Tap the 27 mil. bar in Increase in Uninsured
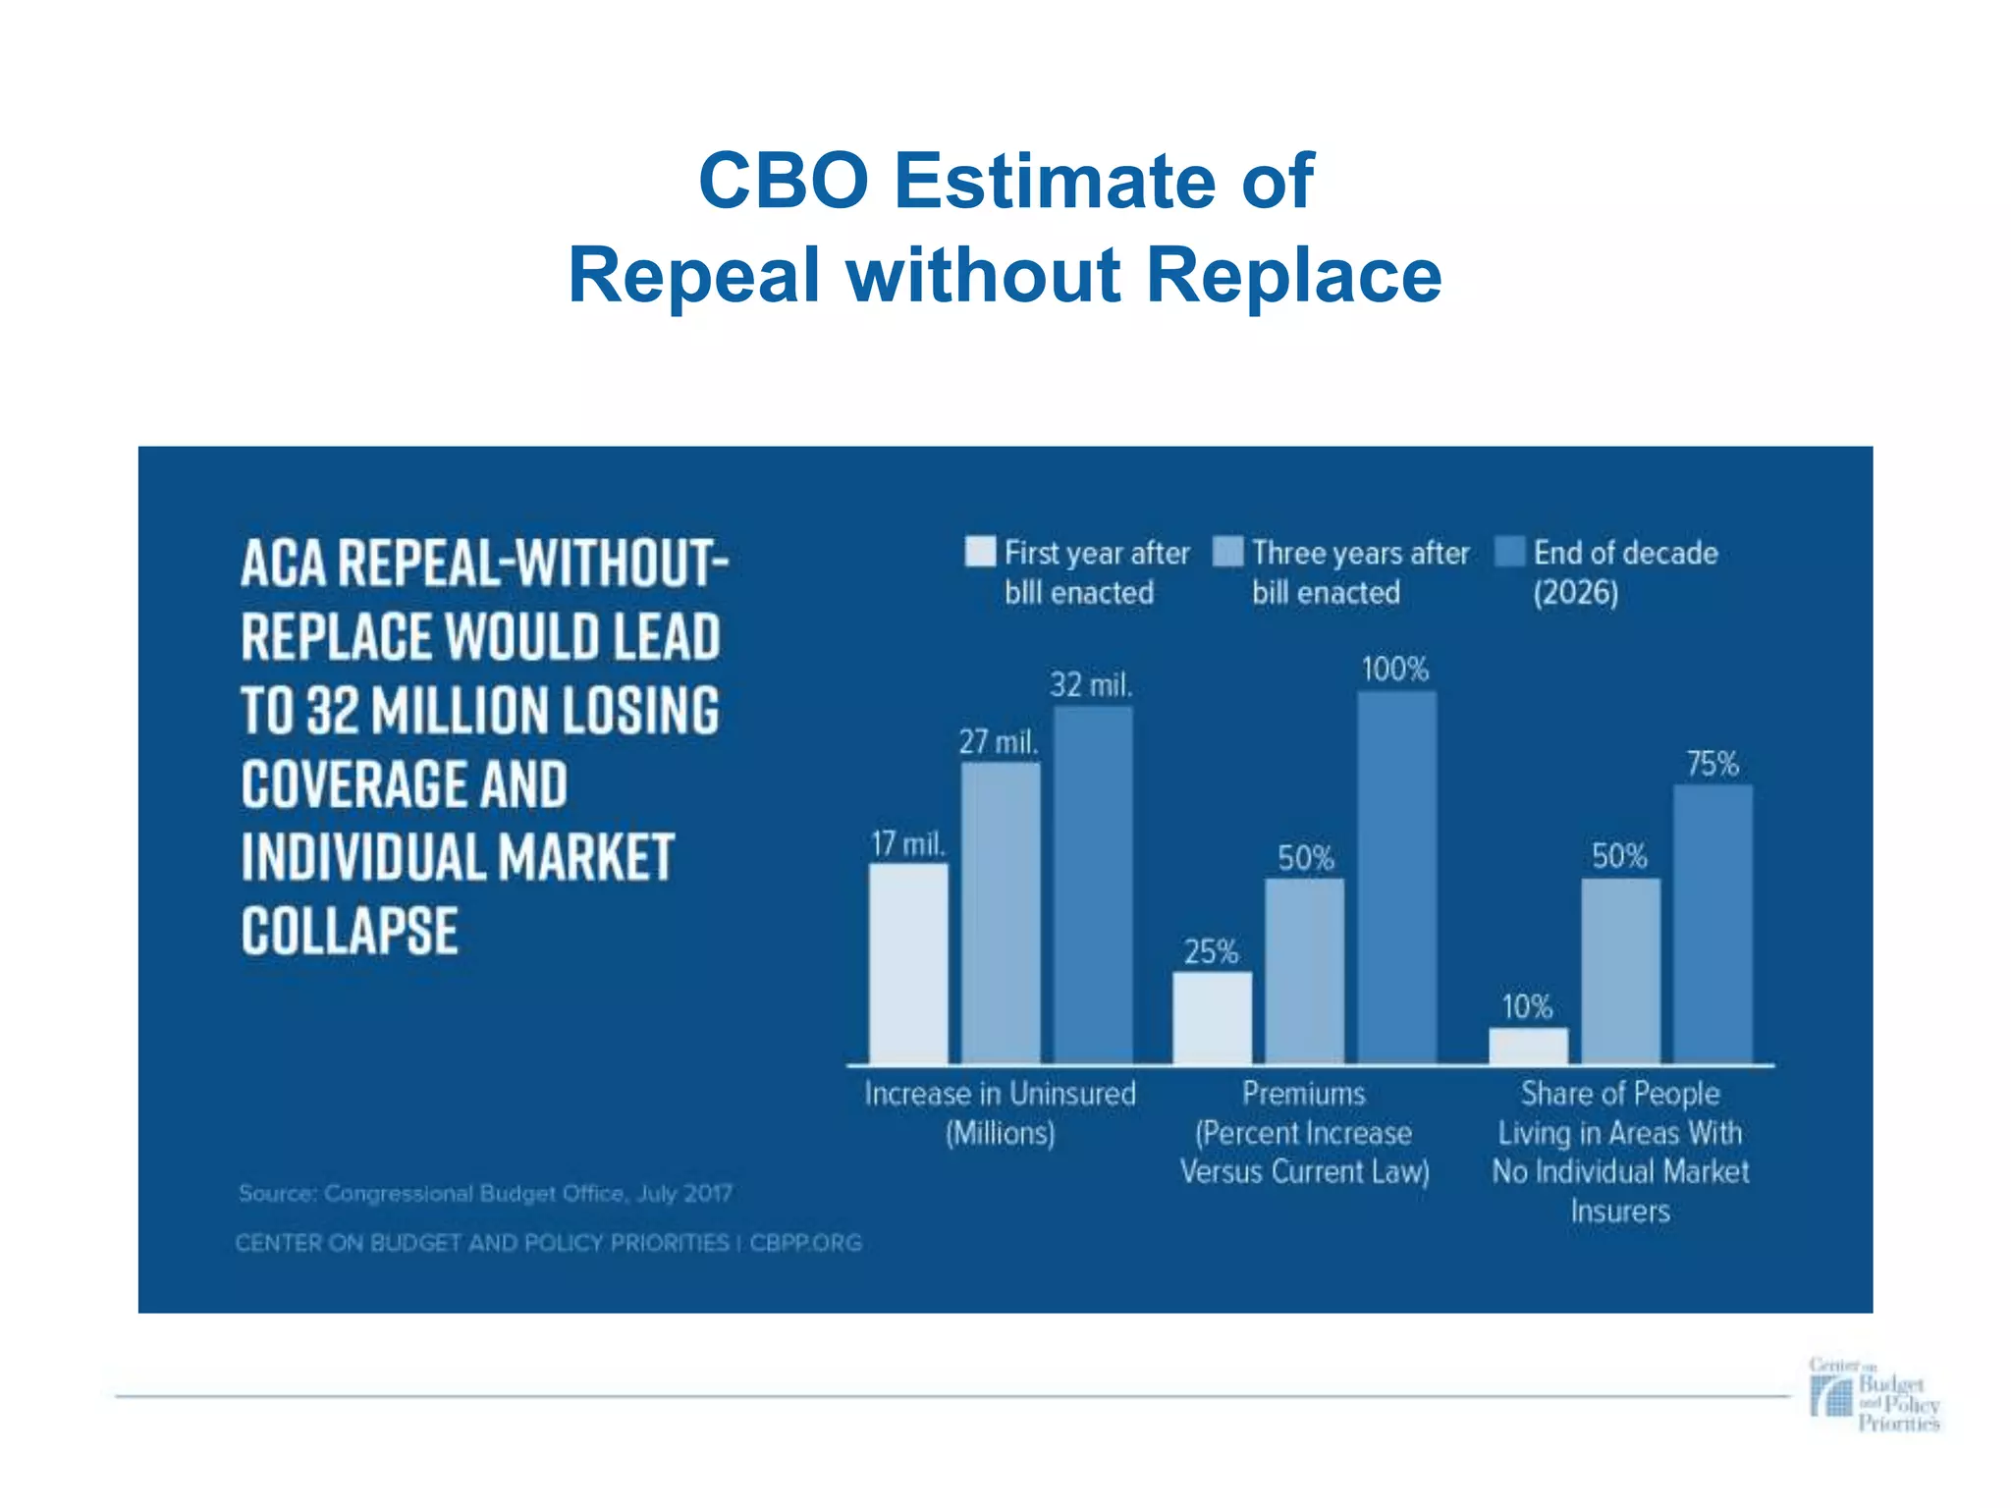1001,913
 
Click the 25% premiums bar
1213,1018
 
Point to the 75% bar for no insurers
1712,924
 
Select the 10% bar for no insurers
1528,1046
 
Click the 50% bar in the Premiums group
1304,971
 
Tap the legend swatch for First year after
980,552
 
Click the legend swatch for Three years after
1227,552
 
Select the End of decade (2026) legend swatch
1509,552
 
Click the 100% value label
1394,670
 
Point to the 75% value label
1712,764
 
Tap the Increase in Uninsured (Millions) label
1000,1113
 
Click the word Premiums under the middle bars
1304,1094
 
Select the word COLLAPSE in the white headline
350,931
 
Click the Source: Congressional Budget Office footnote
485,1194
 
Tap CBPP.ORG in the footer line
805,1243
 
